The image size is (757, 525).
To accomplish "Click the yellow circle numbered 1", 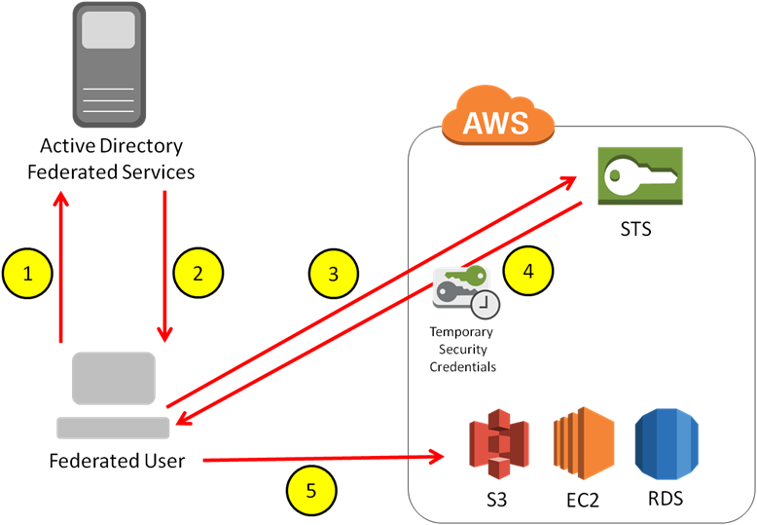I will (x=27, y=274).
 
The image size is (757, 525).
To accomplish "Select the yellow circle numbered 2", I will (x=198, y=274).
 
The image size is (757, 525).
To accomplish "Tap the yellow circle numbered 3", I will (x=334, y=275).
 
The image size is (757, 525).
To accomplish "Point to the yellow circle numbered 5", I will (x=311, y=490).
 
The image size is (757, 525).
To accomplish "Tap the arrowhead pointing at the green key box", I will (x=568, y=178).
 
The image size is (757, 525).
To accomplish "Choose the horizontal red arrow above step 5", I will (x=321, y=458).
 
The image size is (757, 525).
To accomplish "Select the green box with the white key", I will (x=639, y=175).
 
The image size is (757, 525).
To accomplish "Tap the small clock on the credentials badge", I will (x=486, y=305).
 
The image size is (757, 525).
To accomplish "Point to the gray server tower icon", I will (x=109, y=64).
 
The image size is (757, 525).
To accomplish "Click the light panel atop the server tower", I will (x=109, y=31).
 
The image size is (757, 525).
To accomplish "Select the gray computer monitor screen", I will (x=113, y=378).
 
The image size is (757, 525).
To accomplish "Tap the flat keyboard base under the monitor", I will (x=113, y=428).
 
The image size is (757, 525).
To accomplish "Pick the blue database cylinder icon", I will (x=667, y=444).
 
